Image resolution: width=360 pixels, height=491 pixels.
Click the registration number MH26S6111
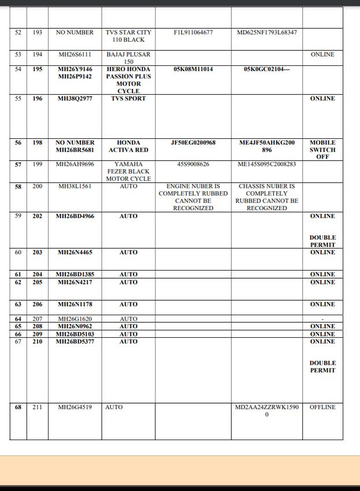pos(75,54)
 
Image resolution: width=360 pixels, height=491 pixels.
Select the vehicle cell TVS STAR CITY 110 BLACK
pos(128,36)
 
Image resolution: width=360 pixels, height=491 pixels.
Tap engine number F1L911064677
pos(193,32)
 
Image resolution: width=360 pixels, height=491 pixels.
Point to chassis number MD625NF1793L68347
pos(267,32)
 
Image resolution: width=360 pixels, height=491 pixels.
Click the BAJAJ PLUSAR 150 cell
pos(128,58)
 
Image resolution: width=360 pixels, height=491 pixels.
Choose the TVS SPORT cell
pos(128,98)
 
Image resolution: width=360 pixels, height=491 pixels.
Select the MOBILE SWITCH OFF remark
pos(322,149)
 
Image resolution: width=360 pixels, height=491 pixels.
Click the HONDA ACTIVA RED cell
pos(128,146)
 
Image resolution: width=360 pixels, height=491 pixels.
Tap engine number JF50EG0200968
pos(193,142)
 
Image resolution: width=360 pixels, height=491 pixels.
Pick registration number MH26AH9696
pos(75,164)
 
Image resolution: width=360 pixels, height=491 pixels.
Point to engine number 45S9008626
pos(193,164)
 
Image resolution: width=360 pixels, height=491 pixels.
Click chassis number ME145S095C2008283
pos(267,164)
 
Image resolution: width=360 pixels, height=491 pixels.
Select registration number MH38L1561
pos(75,186)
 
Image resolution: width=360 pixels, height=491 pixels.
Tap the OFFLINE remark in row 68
pos(322,407)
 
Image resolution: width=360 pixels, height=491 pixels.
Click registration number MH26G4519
pos(75,407)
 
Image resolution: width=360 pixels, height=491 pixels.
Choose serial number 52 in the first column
pos(18,32)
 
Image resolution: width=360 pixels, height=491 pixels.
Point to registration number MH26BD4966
pos(75,216)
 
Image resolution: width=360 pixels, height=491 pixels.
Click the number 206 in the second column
pos(37,304)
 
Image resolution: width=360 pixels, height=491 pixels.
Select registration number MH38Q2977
pos(75,98)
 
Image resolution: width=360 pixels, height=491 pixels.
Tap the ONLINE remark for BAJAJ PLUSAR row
pos(322,54)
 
